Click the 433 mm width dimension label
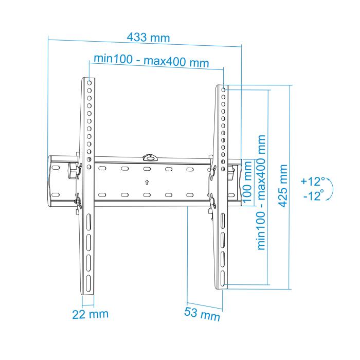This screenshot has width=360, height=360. (149, 38)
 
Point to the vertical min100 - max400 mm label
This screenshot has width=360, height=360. (262, 193)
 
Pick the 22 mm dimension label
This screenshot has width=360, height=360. (90, 313)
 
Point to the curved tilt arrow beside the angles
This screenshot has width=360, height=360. (330, 189)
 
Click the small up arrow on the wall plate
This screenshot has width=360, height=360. (147, 182)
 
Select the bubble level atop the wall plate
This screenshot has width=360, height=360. (150, 156)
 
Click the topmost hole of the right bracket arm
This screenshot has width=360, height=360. (224, 88)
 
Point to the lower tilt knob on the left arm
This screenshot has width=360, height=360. (77, 202)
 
